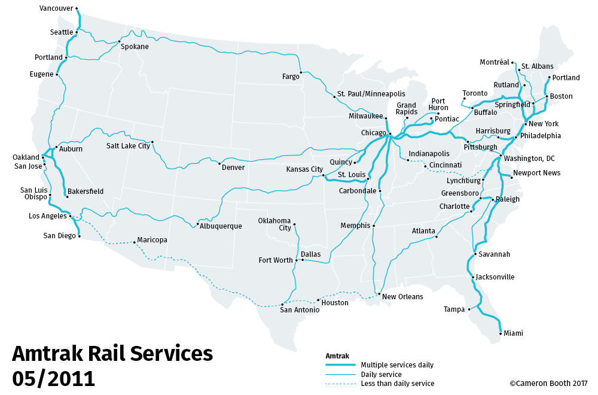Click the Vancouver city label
click(56, 8)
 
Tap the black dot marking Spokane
click(119, 41)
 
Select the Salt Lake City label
click(128, 145)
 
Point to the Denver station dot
click(220, 163)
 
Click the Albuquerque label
click(221, 226)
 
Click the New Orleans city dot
click(379, 294)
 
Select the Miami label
click(513, 333)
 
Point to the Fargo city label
click(291, 77)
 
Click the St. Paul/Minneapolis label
click(371, 94)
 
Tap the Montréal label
click(494, 62)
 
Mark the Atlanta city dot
click(437, 236)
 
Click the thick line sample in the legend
click(341, 365)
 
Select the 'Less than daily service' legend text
click(398, 384)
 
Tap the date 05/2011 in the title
click(54, 378)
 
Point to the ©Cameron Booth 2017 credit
click(548, 384)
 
